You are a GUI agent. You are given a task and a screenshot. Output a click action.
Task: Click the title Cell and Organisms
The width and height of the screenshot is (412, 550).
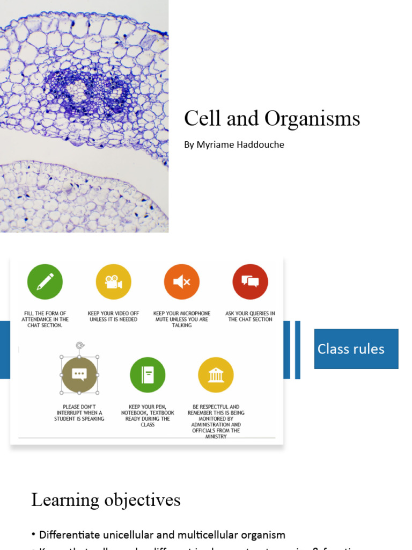coord(272,119)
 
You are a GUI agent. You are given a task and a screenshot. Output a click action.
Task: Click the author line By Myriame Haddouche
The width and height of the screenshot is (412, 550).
coord(234,144)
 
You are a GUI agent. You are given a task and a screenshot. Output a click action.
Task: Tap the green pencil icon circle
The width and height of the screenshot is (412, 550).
coord(45,281)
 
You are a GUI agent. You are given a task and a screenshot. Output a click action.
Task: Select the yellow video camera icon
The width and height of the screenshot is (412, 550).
coord(113,281)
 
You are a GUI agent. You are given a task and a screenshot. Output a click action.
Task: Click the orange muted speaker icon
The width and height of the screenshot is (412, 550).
coord(182,281)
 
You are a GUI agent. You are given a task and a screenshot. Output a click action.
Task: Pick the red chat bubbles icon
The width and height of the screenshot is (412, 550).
coord(250,281)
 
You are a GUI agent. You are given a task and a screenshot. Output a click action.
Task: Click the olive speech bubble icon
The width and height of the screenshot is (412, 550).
coord(79,374)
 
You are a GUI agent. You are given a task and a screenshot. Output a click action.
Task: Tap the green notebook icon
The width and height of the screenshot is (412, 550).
coord(148,374)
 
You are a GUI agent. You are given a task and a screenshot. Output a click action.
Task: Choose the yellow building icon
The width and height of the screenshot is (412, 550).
coord(216,374)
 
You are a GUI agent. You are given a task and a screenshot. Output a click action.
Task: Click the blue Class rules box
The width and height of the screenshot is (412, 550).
coord(356,349)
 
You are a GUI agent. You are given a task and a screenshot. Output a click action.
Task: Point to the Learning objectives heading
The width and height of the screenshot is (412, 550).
coord(106,500)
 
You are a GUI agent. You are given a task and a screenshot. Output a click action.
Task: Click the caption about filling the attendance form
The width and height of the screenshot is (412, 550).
coord(45,319)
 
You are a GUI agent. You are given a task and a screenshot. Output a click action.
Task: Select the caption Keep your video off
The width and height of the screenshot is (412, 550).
coord(113,316)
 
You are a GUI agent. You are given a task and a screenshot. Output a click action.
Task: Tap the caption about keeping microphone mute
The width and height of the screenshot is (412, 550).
coord(182,319)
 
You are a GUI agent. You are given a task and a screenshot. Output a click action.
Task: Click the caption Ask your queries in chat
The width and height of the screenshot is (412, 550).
coord(250,316)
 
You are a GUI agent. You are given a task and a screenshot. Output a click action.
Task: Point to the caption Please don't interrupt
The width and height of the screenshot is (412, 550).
coord(79,412)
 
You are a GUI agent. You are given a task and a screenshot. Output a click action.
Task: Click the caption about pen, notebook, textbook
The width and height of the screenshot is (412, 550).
coord(148,415)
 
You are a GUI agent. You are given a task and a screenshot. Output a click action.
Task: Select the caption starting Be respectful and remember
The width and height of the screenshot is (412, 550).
coord(216,421)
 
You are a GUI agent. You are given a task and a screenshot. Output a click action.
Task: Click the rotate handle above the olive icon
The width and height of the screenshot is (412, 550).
coord(80,345)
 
